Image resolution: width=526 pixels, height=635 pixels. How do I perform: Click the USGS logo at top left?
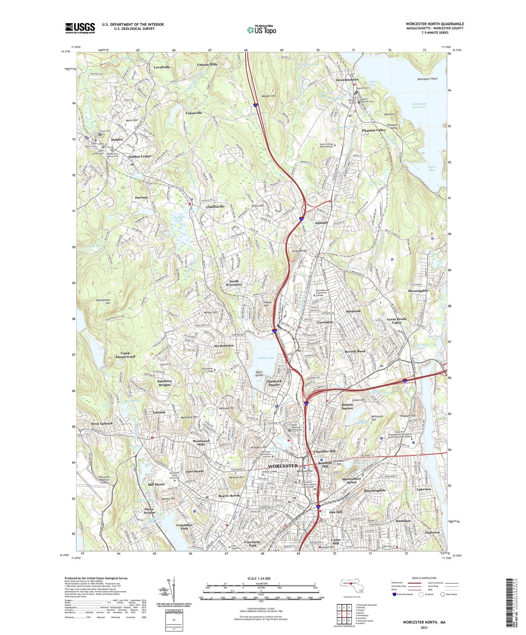pos(80,28)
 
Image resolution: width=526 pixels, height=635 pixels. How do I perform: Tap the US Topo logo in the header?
pos(261,30)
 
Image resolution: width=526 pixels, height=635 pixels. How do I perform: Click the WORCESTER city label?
pos(282,466)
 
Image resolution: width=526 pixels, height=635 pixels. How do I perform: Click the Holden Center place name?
pos(139,156)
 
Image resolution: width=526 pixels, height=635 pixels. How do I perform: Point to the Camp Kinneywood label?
pos(125,355)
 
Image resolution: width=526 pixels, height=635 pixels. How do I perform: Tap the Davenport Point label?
pos(427,79)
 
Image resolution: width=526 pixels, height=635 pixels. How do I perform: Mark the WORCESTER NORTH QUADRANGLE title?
pos(435,24)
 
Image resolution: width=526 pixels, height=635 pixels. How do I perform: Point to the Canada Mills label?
pos(207,64)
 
